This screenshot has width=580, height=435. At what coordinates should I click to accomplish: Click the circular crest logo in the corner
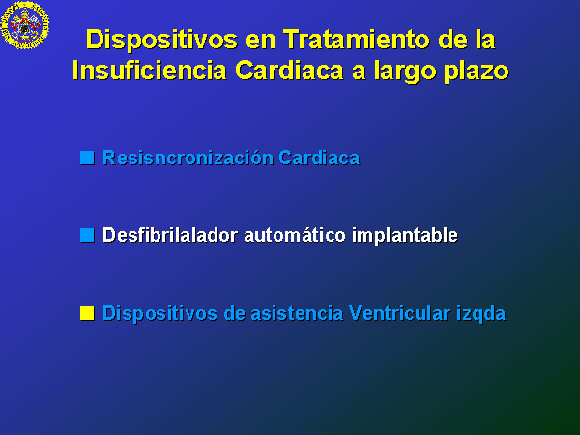25,25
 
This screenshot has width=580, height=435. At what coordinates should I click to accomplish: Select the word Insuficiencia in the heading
150,71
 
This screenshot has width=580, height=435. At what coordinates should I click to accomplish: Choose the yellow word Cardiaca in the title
289,71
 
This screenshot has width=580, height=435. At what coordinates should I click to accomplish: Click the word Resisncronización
188,158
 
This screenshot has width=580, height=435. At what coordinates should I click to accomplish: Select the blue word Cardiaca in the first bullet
319,158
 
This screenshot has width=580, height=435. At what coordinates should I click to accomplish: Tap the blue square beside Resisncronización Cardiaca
87,158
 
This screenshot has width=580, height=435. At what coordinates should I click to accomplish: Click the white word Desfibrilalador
170,235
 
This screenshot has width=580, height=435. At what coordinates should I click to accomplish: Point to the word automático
295,235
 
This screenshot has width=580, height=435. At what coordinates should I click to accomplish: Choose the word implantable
405,236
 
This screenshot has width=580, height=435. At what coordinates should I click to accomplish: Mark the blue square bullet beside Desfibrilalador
87,235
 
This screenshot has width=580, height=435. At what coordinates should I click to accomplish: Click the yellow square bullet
87,313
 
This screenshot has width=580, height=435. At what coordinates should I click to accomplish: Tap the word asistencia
297,313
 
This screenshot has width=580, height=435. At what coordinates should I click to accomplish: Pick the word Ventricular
400,313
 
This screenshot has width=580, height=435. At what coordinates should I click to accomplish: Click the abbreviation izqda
480,314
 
